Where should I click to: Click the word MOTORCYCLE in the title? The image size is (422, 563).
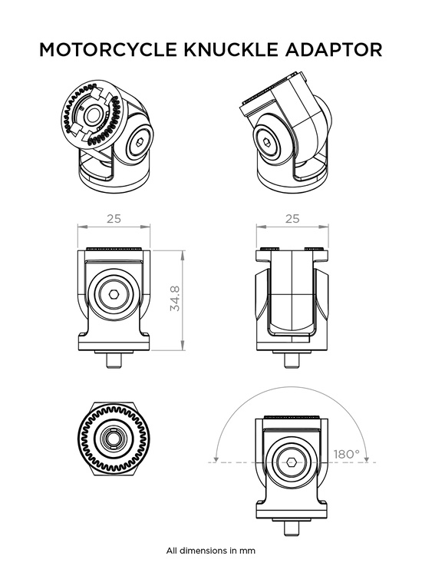(x=109, y=50)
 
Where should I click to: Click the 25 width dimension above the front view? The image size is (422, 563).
(x=114, y=219)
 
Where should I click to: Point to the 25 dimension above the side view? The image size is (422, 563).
(x=292, y=219)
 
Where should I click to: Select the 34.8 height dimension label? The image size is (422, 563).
(x=175, y=297)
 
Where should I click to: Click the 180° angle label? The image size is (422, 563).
(x=346, y=454)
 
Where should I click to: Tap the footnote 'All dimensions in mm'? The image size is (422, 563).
(x=210, y=551)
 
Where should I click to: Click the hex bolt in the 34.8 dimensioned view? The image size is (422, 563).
(x=114, y=295)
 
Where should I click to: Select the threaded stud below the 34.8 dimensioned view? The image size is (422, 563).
(x=114, y=358)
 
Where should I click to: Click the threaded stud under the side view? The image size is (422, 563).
(x=292, y=358)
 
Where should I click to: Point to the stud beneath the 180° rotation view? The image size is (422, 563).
(x=292, y=528)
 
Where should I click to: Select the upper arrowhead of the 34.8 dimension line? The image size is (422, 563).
(x=183, y=253)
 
